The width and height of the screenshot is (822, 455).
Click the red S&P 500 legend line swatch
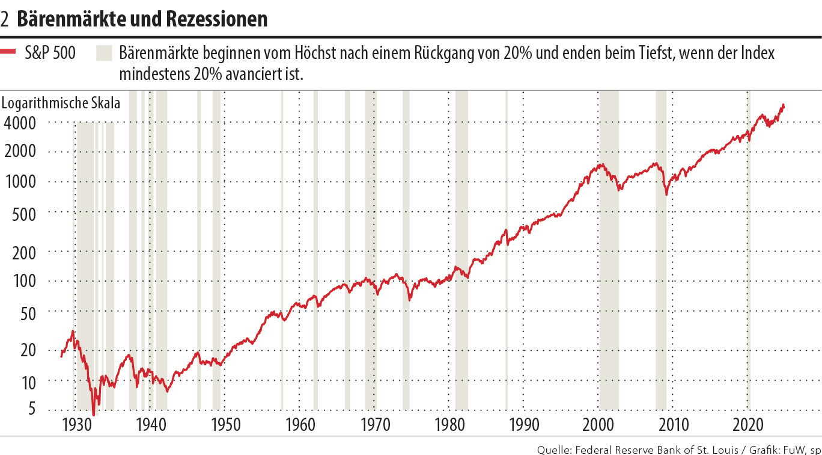(x=9, y=53)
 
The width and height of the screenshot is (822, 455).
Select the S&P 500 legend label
(x=50, y=53)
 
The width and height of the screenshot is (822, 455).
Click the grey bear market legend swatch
(x=104, y=53)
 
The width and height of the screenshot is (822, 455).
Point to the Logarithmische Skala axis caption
(x=61, y=103)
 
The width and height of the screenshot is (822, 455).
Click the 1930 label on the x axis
(x=75, y=425)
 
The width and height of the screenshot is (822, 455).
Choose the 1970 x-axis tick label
(x=374, y=425)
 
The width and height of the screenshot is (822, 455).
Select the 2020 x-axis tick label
(x=749, y=425)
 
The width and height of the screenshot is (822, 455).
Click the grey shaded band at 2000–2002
(x=609, y=301)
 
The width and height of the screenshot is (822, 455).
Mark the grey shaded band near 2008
(x=661, y=301)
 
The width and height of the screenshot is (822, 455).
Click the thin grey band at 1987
(x=506, y=301)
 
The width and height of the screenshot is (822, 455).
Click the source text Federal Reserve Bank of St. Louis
(x=652, y=448)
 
